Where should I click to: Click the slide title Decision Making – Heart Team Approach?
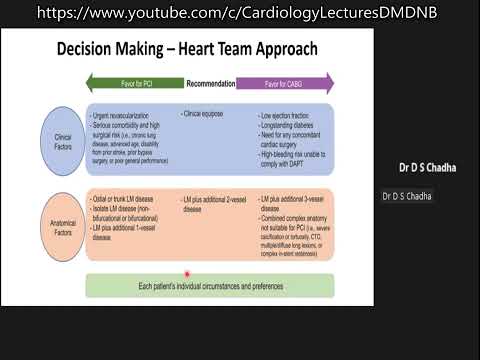(x=188, y=49)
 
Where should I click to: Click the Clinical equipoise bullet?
(x=206, y=115)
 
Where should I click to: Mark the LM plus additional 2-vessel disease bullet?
(x=216, y=206)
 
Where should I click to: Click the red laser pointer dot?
(x=187, y=274)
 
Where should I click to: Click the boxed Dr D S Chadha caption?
(x=406, y=196)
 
